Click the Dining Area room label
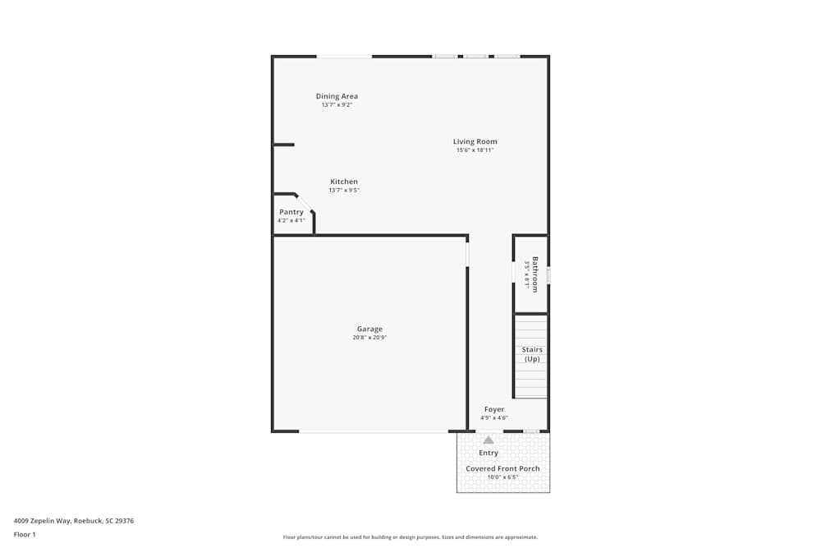[x=337, y=96]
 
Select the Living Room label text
[x=475, y=141]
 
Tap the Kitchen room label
[x=344, y=182]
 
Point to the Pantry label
[x=291, y=212]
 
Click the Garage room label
[x=369, y=329]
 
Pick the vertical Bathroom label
[x=535, y=274]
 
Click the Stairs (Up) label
[x=532, y=354]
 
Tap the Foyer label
[x=494, y=409]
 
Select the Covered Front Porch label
[x=503, y=468]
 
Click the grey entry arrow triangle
[x=488, y=440]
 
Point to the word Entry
[x=488, y=453]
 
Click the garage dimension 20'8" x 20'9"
[x=369, y=338]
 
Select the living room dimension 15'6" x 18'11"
[x=475, y=150]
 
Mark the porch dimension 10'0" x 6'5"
[x=503, y=477]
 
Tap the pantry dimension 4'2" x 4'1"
[x=291, y=220]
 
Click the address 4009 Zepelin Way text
[x=74, y=520]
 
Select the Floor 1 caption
[x=25, y=534]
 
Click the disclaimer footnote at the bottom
[x=410, y=537]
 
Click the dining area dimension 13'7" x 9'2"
[x=337, y=104]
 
